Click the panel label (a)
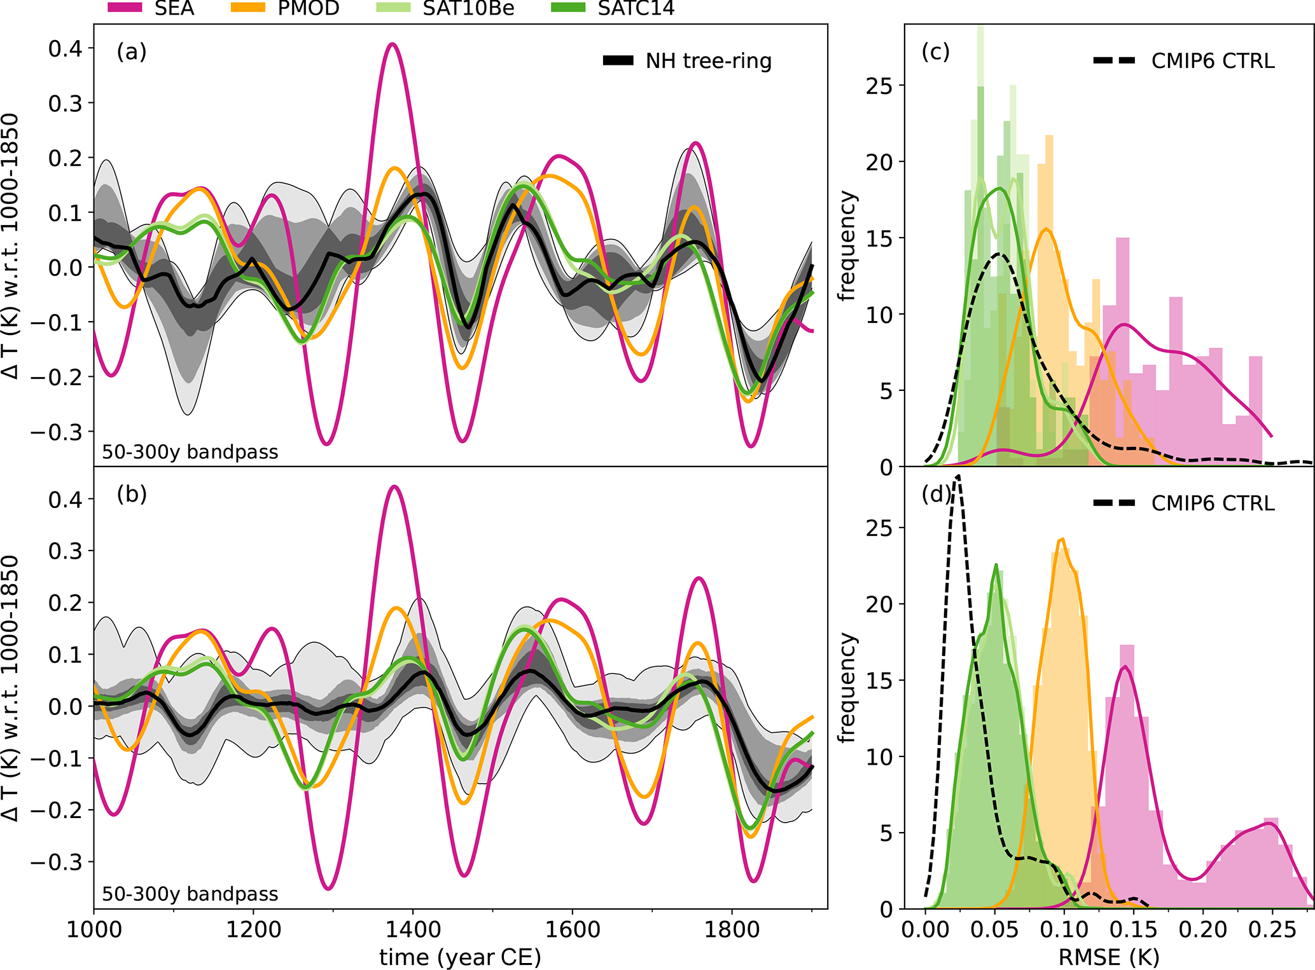132,51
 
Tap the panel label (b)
132,494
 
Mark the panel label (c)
936,51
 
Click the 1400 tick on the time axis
413,929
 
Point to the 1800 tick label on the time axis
732,929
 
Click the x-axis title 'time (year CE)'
460,957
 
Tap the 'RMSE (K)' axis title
1108,957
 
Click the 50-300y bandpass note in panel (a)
190,452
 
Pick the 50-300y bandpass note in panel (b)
190,894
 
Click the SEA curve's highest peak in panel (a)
393,44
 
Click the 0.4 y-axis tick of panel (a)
66,48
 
